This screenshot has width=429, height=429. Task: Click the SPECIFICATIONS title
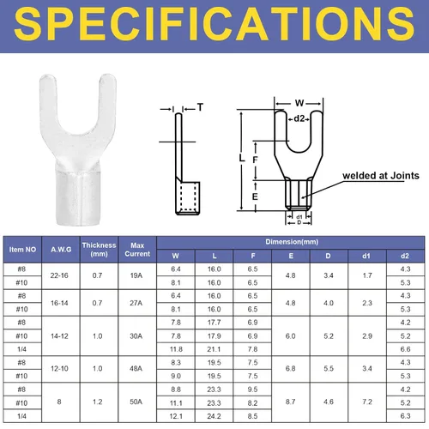coord(214,24)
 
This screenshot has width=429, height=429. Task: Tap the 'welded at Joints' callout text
coord(381,175)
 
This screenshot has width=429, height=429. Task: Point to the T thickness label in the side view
coord(200,107)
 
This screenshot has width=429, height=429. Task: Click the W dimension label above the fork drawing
coord(299,103)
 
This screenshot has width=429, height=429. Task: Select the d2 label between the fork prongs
coord(299,118)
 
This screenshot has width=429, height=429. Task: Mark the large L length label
coord(242,158)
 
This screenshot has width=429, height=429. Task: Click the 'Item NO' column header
coord(22,250)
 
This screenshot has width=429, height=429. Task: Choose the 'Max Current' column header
coord(137,250)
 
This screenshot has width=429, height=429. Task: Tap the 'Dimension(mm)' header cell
coord(292,242)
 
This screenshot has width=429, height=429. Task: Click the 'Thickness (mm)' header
coord(99,250)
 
